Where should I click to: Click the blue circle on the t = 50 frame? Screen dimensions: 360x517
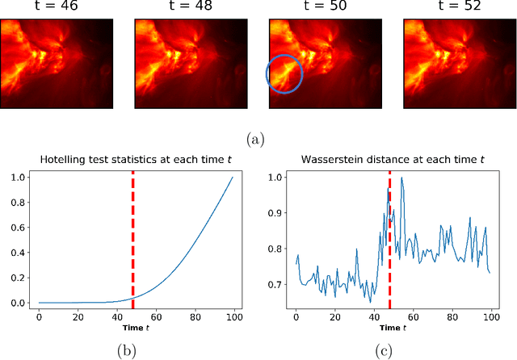coord(284,74)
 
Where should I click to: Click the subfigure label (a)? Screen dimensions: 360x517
coord(258,140)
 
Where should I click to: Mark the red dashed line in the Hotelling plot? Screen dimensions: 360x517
coord(132,242)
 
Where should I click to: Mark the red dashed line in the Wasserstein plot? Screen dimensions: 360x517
coord(390,258)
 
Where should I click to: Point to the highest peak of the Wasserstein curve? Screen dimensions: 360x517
coord(401,178)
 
